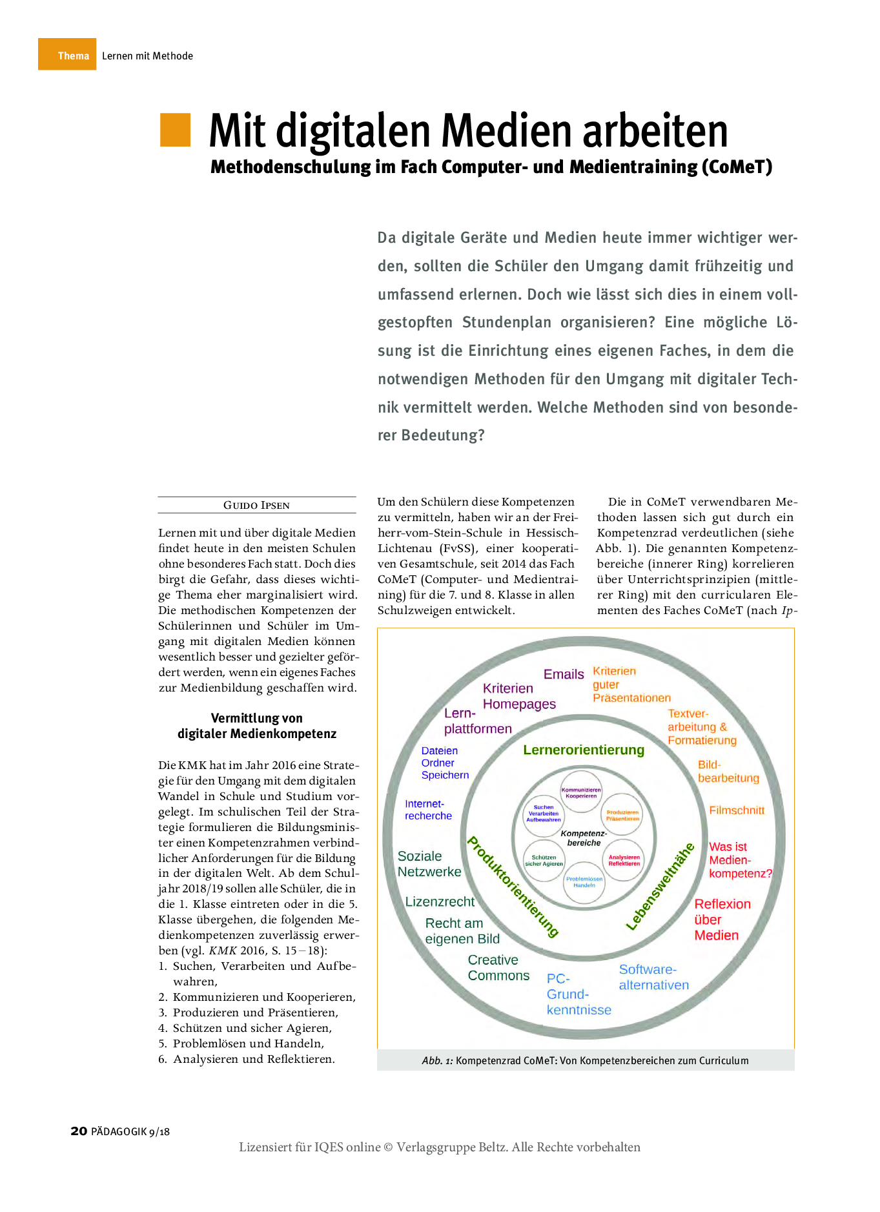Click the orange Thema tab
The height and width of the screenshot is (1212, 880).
[67, 55]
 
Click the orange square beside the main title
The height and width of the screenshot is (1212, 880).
[175, 130]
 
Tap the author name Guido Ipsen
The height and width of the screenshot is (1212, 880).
[256, 505]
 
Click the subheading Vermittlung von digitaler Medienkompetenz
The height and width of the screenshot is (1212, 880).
[257, 726]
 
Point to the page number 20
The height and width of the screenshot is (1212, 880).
[79, 1131]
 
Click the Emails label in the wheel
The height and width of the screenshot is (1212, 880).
[563, 674]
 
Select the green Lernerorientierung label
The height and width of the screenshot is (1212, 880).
[584, 750]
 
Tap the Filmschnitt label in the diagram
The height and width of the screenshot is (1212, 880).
[737, 810]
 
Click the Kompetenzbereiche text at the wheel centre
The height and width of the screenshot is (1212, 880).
[584, 837]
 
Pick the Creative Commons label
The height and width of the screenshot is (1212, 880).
[498, 968]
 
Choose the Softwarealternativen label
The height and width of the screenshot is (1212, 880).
[653, 977]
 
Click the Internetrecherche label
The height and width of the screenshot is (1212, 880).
[428, 810]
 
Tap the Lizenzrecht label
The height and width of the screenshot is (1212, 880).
[440, 901]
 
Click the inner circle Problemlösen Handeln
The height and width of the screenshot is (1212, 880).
[584, 882]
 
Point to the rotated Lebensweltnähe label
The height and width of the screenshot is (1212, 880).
[660, 887]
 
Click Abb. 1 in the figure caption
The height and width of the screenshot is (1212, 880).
[437, 1060]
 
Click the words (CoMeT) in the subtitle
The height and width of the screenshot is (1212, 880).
[737, 167]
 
